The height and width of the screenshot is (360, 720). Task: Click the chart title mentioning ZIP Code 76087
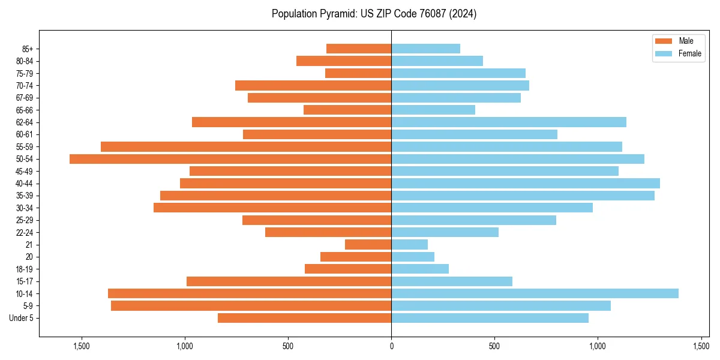(374, 14)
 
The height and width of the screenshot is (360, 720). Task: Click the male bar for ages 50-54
(230, 159)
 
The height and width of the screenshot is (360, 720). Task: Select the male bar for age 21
(368, 244)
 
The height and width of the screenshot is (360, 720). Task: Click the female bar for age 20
(413, 257)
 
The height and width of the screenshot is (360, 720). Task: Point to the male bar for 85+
(359, 49)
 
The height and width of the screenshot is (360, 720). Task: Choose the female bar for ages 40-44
(526, 183)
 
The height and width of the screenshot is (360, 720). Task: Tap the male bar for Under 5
(304, 318)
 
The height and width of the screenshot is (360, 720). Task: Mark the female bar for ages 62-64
(509, 122)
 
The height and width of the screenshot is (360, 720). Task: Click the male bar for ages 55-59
(246, 146)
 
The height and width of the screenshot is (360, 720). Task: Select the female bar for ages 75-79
(458, 73)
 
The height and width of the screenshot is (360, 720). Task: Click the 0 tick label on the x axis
(391, 346)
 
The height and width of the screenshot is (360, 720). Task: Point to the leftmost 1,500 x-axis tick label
(81, 346)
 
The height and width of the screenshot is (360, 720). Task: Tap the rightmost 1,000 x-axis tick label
(598, 346)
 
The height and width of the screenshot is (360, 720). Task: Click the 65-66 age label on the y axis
(25, 110)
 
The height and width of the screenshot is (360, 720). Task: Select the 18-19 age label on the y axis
(25, 269)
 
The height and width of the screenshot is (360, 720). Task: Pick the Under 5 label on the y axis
(22, 318)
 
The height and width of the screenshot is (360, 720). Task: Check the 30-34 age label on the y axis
(25, 208)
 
